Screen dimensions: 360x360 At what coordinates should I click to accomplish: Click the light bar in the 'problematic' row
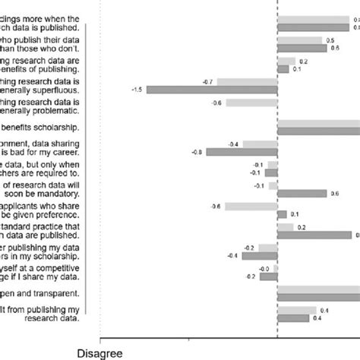point(252,103)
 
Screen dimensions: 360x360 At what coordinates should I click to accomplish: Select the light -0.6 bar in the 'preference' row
point(251,206)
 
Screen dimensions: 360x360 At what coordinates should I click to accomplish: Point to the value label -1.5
point(137,90)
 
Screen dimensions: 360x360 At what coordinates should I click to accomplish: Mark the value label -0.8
point(197,152)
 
